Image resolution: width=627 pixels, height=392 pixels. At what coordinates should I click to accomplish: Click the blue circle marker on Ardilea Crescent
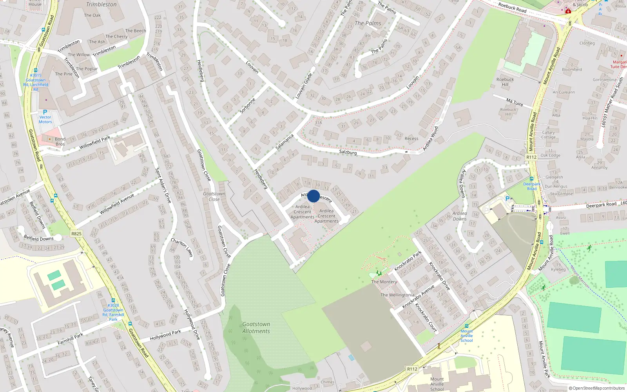click(x=313, y=196)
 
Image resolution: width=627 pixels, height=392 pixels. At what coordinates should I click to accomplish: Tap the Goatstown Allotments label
click(x=256, y=328)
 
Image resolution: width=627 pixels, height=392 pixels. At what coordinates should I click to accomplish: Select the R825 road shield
click(x=76, y=234)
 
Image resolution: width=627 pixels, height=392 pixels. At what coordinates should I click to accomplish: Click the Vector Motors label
click(x=45, y=120)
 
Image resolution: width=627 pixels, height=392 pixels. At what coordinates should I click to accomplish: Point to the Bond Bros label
click(x=60, y=142)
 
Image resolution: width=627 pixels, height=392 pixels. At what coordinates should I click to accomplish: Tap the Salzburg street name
click(x=348, y=152)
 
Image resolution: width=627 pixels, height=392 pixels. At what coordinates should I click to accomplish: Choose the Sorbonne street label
click(x=248, y=105)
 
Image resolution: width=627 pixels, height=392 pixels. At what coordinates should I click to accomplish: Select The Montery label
click(x=384, y=282)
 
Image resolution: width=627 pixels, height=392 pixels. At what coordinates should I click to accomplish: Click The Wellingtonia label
click(x=397, y=295)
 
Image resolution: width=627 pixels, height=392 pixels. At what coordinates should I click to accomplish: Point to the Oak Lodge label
click(x=550, y=155)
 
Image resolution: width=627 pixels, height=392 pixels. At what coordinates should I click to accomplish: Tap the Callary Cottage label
click(x=548, y=135)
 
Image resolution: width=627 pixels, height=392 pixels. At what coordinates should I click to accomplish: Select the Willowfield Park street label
click(x=95, y=143)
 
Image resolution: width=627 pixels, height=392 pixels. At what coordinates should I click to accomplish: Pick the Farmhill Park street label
click(x=71, y=339)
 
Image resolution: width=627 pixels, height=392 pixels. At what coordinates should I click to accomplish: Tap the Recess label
click(x=411, y=138)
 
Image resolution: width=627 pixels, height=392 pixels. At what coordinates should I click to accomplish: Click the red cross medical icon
click(x=568, y=11)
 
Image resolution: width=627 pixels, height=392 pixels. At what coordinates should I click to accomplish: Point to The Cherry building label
click(x=116, y=36)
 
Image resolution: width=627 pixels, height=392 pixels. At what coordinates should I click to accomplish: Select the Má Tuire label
click(x=515, y=102)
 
